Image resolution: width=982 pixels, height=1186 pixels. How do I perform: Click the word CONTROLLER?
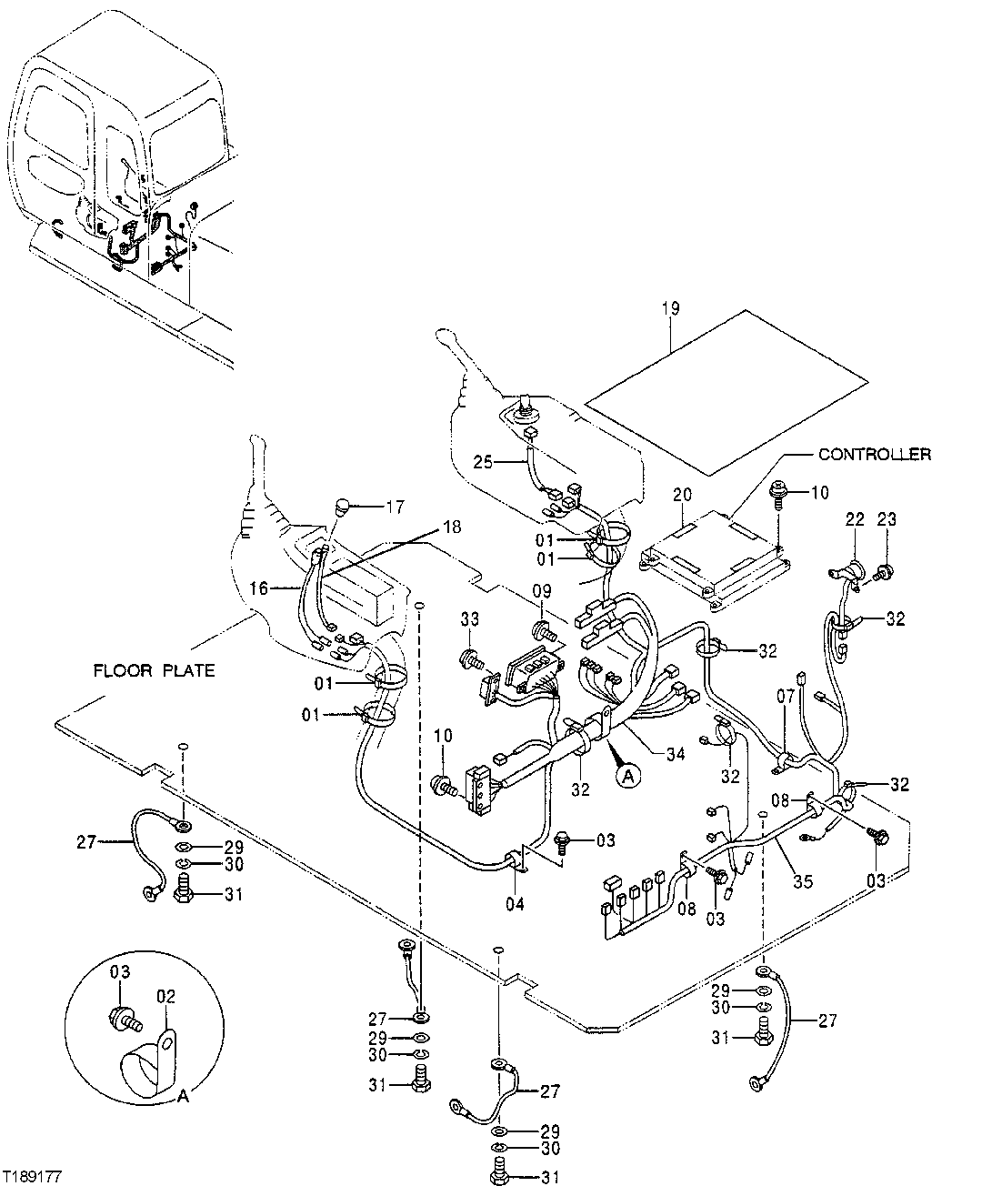point(875,455)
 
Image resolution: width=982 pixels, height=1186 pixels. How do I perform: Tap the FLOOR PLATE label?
point(155,670)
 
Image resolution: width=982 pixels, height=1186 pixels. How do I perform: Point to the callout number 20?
point(682,495)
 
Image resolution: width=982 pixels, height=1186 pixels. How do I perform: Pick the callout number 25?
point(482,463)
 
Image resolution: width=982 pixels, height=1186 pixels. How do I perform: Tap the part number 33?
point(469,619)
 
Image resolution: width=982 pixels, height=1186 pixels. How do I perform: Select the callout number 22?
point(855,519)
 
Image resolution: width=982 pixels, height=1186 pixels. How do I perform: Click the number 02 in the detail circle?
point(165,996)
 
